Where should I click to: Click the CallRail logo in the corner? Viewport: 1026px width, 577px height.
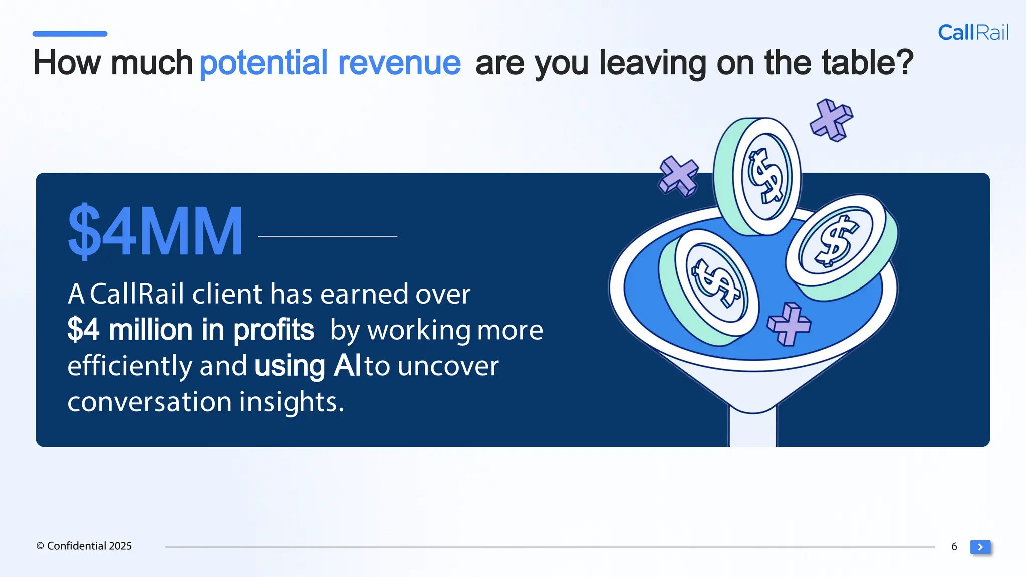[x=973, y=33]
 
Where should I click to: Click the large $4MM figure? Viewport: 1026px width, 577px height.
[x=155, y=232]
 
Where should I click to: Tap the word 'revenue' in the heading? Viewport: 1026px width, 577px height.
[x=399, y=63]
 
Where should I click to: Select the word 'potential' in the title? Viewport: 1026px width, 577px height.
[x=264, y=63]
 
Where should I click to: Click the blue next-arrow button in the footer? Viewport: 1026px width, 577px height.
[x=980, y=547]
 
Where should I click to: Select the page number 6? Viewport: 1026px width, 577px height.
[x=954, y=547]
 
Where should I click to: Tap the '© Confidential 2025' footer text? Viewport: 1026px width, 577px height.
[x=84, y=546]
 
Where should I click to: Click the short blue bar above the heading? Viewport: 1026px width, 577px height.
[x=70, y=34]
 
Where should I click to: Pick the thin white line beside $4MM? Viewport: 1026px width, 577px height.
[x=327, y=236]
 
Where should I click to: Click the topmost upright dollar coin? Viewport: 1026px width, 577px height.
[x=759, y=176]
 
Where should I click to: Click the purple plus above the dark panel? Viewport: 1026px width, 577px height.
[x=832, y=120]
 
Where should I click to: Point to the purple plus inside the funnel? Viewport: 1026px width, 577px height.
[x=789, y=324]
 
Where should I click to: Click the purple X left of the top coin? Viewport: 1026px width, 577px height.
[x=678, y=176]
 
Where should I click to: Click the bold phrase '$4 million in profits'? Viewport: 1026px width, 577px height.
[x=190, y=330]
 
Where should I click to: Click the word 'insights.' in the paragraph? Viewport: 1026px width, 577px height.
[x=292, y=402]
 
